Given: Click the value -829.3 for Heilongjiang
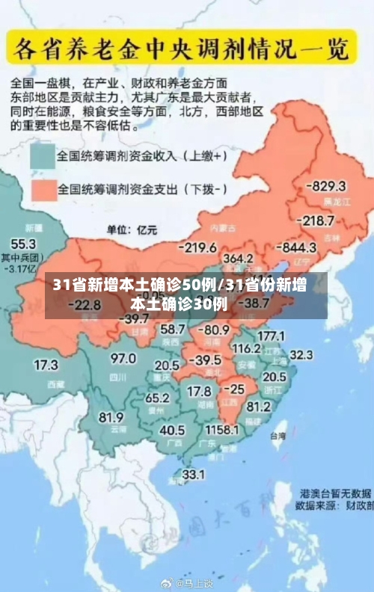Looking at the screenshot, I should [328, 186].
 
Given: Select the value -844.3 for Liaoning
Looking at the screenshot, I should [298, 247].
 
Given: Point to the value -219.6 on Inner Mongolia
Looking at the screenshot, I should [197, 247].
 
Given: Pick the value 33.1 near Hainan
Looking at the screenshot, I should [194, 474].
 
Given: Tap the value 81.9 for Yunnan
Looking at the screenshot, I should [111, 417].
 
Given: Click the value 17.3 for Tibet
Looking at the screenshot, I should [46, 366].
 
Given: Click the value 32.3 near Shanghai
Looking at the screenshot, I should [301, 354].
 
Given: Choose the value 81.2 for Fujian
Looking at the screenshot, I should [258, 407].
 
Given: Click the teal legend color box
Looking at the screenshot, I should [43, 157].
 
